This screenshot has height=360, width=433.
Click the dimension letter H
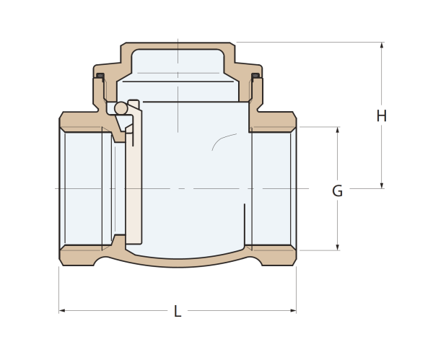[x=381, y=115]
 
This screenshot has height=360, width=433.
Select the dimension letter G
[x=337, y=190]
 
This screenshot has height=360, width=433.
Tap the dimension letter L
[x=178, y=311]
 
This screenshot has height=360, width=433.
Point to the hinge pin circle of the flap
[x=121, y=108]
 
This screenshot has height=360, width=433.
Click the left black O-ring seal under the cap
[x=100, y=75]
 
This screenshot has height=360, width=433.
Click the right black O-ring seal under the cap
[x=255, y=75]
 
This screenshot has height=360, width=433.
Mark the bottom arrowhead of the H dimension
[x=382, y=185]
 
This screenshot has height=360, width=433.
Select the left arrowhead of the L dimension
[x=62, y=311]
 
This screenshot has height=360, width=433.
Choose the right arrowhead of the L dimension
[x=293, y=311]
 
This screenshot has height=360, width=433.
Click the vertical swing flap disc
[x=134, y=172]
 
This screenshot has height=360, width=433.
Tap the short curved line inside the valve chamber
[x=224, y=141]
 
